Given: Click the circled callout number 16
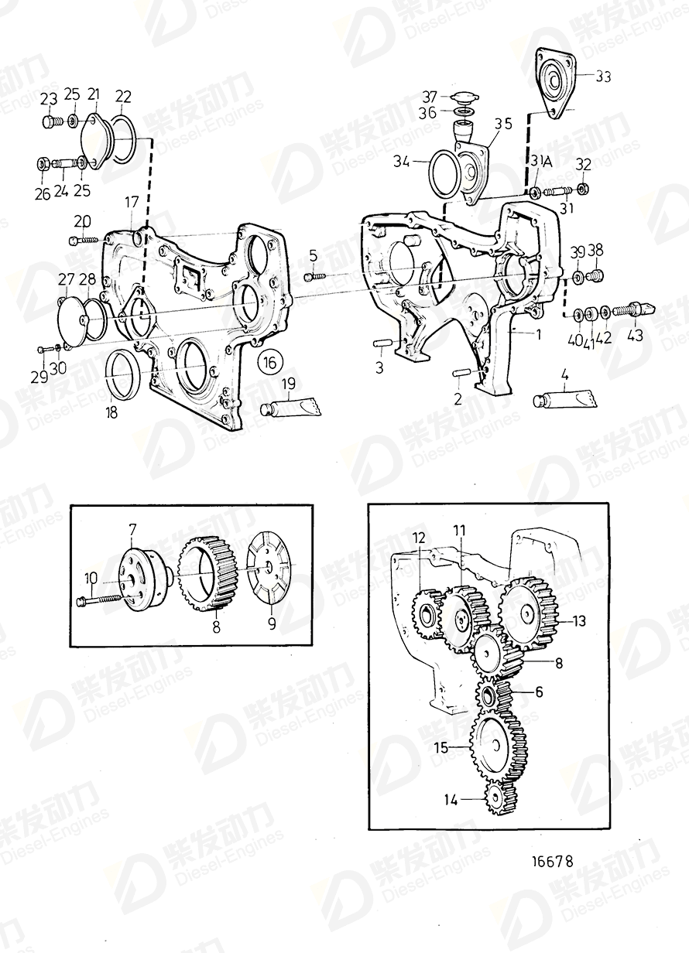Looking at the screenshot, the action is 270,363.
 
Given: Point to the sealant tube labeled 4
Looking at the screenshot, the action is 564,400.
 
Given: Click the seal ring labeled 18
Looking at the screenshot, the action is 123,373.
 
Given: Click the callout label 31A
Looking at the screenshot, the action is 539,162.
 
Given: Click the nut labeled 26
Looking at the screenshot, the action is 43,163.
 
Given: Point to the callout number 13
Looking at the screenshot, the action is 578,620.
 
